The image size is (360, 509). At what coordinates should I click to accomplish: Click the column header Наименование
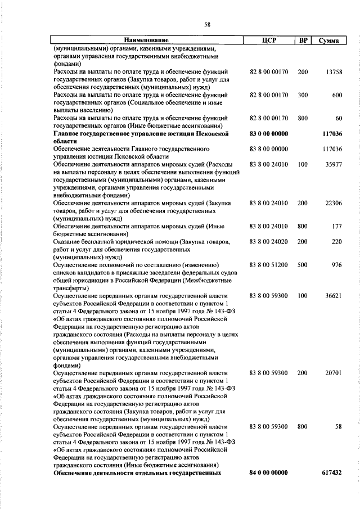pos(146,40)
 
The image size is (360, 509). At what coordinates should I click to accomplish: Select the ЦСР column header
pos(268,40)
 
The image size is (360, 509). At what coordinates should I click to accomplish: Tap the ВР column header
pos(303,40)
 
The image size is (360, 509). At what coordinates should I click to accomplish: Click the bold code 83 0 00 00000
pos(268,134)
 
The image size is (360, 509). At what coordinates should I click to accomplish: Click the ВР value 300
pos(303,96)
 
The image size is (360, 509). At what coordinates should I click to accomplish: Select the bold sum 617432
pos(332,472)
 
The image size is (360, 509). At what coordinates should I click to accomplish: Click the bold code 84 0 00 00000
pos(268,472)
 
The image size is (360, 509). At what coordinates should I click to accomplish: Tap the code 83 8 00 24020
pos(268,241)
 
